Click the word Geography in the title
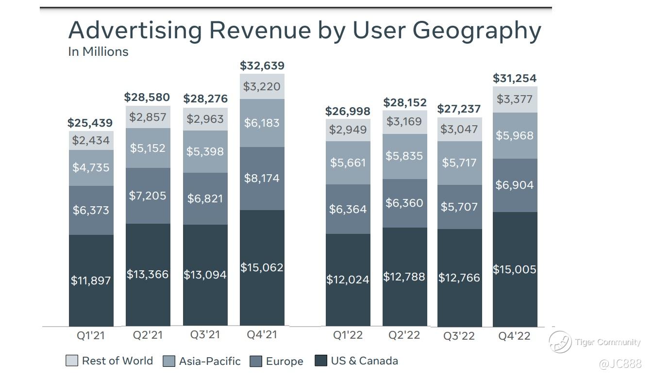(x=476, y=31)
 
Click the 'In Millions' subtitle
(x=98, y=51)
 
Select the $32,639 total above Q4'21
(x=262, y=66)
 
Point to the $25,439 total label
(x=90, y=123)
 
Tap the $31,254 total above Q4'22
(x=515, y=78)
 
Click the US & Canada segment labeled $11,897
(x=91, y=280)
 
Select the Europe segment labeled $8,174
(x=262, y=178)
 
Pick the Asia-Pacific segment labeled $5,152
(x=148, y=148)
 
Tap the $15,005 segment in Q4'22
(x=515, y=269)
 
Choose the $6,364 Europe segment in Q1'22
(x=348, y=209)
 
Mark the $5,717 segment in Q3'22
(x=459, y=163)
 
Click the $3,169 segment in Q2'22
(x=404, y=121)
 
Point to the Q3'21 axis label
(x=205, y=335)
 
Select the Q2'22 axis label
(x=404, y=335)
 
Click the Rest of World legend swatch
(x=71, y=361)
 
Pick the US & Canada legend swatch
(x=321, y=361)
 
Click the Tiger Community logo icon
(x=560, y=342)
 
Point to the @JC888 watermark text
(x=620, y=363)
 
